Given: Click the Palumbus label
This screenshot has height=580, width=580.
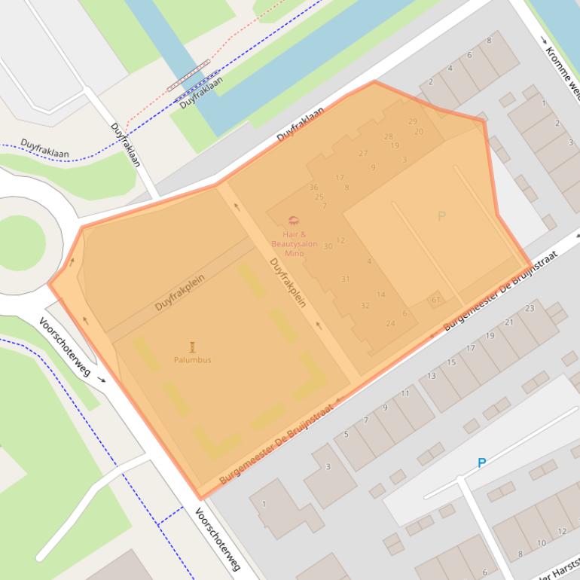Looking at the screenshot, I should coord(192,360).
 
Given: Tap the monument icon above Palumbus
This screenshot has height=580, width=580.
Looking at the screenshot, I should coord(192,346).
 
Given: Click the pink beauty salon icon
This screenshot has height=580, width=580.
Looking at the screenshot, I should coord(294,221).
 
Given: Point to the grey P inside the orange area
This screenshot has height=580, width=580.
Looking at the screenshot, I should coord(441,217).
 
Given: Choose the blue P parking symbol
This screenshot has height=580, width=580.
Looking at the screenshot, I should coord(481,463).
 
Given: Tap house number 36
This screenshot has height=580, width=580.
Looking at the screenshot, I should coord(313,187).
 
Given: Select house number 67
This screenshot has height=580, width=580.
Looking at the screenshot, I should coord(435,300).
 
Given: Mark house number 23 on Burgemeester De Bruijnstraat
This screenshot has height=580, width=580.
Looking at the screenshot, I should coord(530,308).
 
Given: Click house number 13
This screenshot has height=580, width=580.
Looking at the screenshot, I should coord(432,376).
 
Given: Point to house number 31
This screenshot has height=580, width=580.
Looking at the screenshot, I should coord(345,279).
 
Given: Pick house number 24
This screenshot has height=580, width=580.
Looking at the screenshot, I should coord(390,323).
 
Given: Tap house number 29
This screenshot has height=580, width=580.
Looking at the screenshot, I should coord(412,121).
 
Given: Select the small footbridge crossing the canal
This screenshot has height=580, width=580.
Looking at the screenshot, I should coord(188,75).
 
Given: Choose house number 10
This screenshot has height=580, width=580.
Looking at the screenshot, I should coord(541,543).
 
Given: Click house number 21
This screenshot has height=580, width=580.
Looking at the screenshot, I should coord(509,322).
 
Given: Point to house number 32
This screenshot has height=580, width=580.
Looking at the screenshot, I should coord(365,306).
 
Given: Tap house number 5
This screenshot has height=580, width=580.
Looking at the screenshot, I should coord(346,435).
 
